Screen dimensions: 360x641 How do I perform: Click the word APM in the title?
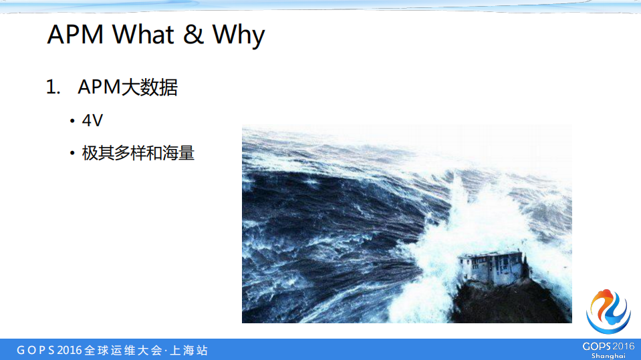[76, 35]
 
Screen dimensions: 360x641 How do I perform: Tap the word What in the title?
[141, 35]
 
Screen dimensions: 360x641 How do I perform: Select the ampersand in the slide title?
[193, 35]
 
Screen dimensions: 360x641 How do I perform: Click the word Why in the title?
[239, 35]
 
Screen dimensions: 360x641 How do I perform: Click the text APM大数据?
[128, 87]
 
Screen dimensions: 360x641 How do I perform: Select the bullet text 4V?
[92, 122]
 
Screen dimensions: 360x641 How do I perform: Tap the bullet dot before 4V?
[72, 122]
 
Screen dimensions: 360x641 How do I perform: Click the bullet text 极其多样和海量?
[138, 153]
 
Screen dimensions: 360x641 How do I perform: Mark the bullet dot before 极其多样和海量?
[72, 154]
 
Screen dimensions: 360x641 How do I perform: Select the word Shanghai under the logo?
[608, 356]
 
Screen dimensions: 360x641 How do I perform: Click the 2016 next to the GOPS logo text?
[623, 346]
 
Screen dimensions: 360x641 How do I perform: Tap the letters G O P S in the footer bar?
[35, 351]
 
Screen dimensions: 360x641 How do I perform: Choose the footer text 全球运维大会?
[124, 351]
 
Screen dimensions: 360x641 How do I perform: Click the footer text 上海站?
[189, 351]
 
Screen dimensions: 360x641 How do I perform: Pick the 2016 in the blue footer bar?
[70, 351]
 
